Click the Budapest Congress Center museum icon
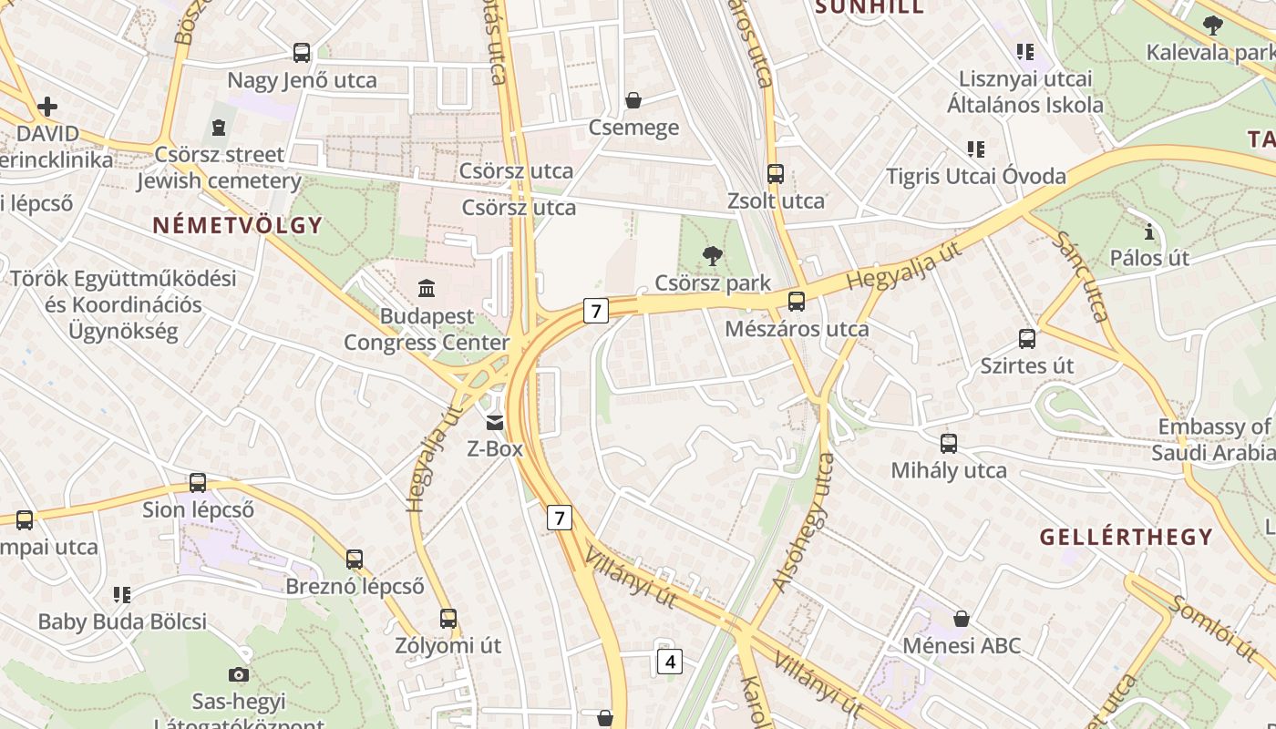point(426,289)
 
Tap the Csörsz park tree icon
point(713,256)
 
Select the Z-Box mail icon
point(495,422)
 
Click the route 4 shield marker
point(669,662)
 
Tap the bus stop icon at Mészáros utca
point(797,302)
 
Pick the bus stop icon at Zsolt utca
point(776,174)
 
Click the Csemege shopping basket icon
point(633,100)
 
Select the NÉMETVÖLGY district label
point(237,225)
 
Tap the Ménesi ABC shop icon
point(961,620)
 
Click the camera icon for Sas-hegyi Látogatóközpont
point(239,674)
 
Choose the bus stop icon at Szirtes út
point(1027,339)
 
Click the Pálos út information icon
point(1148,231)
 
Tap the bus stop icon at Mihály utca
point(949,444)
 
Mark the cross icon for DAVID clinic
point(47,108)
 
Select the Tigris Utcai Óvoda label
point(976,176)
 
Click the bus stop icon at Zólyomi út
point(448,619)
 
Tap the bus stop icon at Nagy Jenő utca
point(302,53)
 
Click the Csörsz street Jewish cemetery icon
point(218,127)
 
